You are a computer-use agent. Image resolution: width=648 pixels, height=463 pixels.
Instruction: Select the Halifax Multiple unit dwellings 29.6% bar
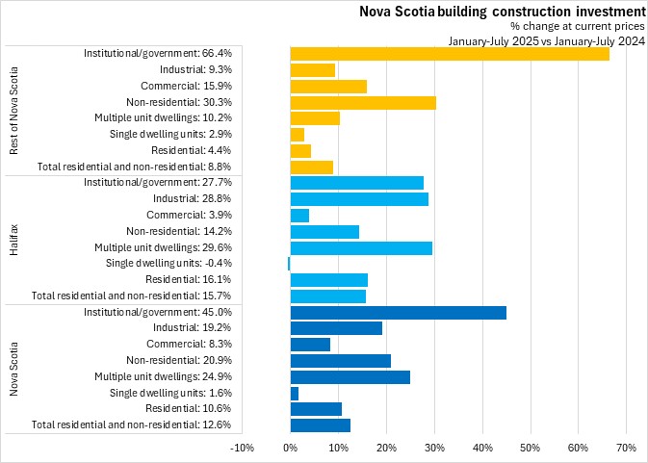361,247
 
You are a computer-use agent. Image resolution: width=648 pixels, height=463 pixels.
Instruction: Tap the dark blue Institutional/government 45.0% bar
398,312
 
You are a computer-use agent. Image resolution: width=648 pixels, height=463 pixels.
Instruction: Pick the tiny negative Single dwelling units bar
289,263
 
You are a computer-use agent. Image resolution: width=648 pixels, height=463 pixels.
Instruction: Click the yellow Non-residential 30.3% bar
363,102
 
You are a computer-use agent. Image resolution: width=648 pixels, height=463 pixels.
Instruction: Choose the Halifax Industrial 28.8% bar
359,199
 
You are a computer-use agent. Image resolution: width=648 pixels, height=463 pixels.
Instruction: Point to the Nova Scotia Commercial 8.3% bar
310,344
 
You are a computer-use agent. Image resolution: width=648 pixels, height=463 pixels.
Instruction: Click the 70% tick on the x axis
626,448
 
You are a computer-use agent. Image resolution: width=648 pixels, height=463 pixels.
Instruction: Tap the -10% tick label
242,448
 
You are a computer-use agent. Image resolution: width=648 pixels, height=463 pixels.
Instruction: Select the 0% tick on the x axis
290,448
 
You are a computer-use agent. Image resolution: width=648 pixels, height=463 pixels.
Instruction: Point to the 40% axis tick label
481,448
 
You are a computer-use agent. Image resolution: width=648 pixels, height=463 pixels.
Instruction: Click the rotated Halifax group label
14,239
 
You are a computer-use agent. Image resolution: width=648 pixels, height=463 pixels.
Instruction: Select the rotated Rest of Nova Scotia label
14,110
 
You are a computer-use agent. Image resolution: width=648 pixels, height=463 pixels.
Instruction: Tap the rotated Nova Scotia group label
14,368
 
